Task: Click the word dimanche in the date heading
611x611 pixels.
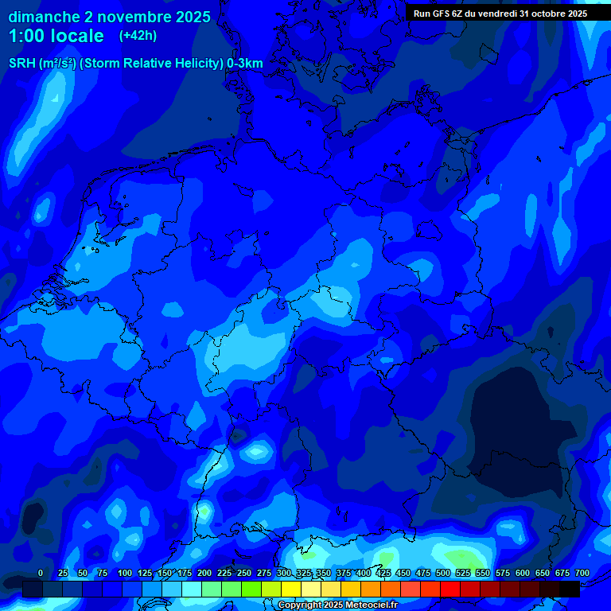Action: (x=43, y=17)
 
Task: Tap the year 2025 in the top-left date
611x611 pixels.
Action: (x=190, y=17)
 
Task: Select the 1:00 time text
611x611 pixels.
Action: (x=28, y=36)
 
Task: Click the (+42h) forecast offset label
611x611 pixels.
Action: (x=138, y=36)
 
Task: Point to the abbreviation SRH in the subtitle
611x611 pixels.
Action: (x=21, y=64)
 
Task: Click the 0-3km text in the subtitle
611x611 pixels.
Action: (x=245, y=64)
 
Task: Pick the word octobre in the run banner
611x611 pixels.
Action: (x=548, y=14)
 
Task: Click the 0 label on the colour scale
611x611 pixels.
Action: (x=41, y=573)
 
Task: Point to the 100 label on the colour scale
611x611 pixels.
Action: (x=125, y=573)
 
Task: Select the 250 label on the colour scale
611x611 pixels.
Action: (x=244, y=573)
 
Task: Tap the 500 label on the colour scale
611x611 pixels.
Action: (x=443, y=573)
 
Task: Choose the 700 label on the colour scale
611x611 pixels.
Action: (x=582, y=573)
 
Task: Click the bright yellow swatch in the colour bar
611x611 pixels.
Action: (x=291, y=589)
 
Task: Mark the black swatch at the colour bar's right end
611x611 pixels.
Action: (x=570, y=589)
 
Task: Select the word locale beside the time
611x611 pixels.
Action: (x=76, y=36)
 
